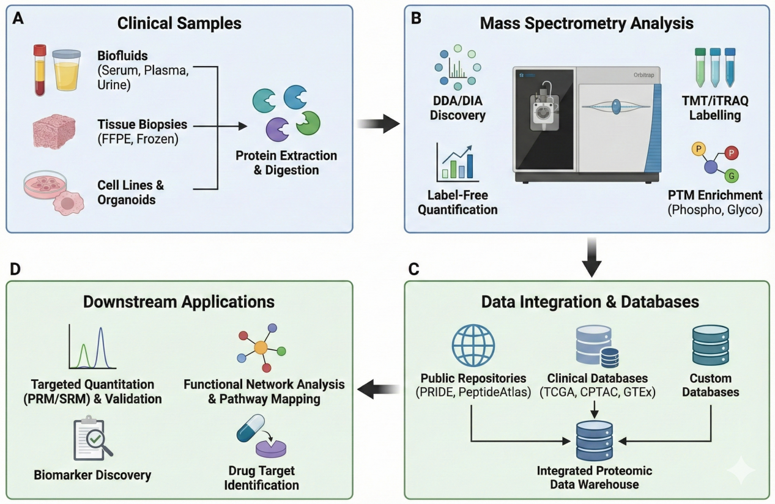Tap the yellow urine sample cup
pyautogui.click(x=66, y=70)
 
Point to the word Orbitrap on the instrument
pyautogui.click(x=637, y=76)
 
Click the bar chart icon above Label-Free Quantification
pyautogui.click(x=456, y=163)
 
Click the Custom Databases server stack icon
pyautogui.click(x=710, y=346)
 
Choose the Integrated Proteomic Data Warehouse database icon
pyautogui.click(x=594, y=440)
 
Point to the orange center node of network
pyautogui.click(x=261, y=347)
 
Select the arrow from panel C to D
pyautogui.click(x=379, y=388)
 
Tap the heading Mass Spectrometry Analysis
pyautogui.click(x=587, y=24)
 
